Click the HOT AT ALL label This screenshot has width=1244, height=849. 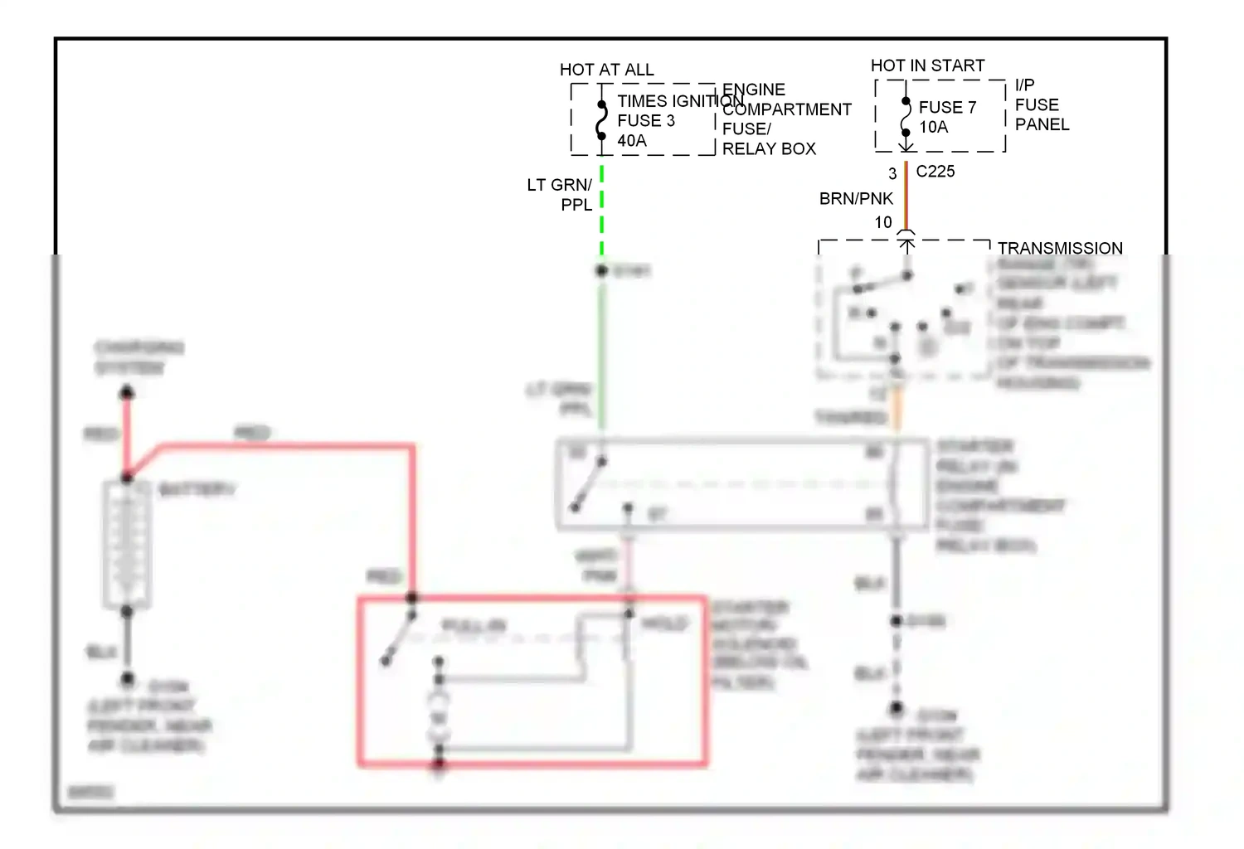click(x=606, y=70)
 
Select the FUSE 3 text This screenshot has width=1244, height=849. click(x=646, y=121)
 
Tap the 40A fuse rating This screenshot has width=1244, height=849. click(x=632, y=141)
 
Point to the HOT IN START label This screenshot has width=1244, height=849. click(x=927, y=65)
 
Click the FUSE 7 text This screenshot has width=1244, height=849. click(x=947, y=108)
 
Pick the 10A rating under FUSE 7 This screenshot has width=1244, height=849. click(x=933, y=127)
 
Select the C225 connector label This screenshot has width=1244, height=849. click(x=935, y=172)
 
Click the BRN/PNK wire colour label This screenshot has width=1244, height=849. click(x=856, y=199)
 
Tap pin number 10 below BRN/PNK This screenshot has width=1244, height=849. click(x=883, y=222)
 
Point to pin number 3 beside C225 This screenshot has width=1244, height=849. click(x=892, y=174)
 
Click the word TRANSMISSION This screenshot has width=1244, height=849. click(x=1060, y=248)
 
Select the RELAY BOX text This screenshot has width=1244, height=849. click(x=769, y=149)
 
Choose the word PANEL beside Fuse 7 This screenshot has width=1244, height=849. click(x=1042, y=124)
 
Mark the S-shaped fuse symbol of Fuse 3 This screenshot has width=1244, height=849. click(x=602, y=123)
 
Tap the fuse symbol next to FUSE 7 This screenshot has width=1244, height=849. click(x=906, y=117)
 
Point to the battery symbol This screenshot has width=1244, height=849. click(x=127, y=543)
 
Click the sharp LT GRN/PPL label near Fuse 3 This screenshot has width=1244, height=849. click(x=561, y=195)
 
